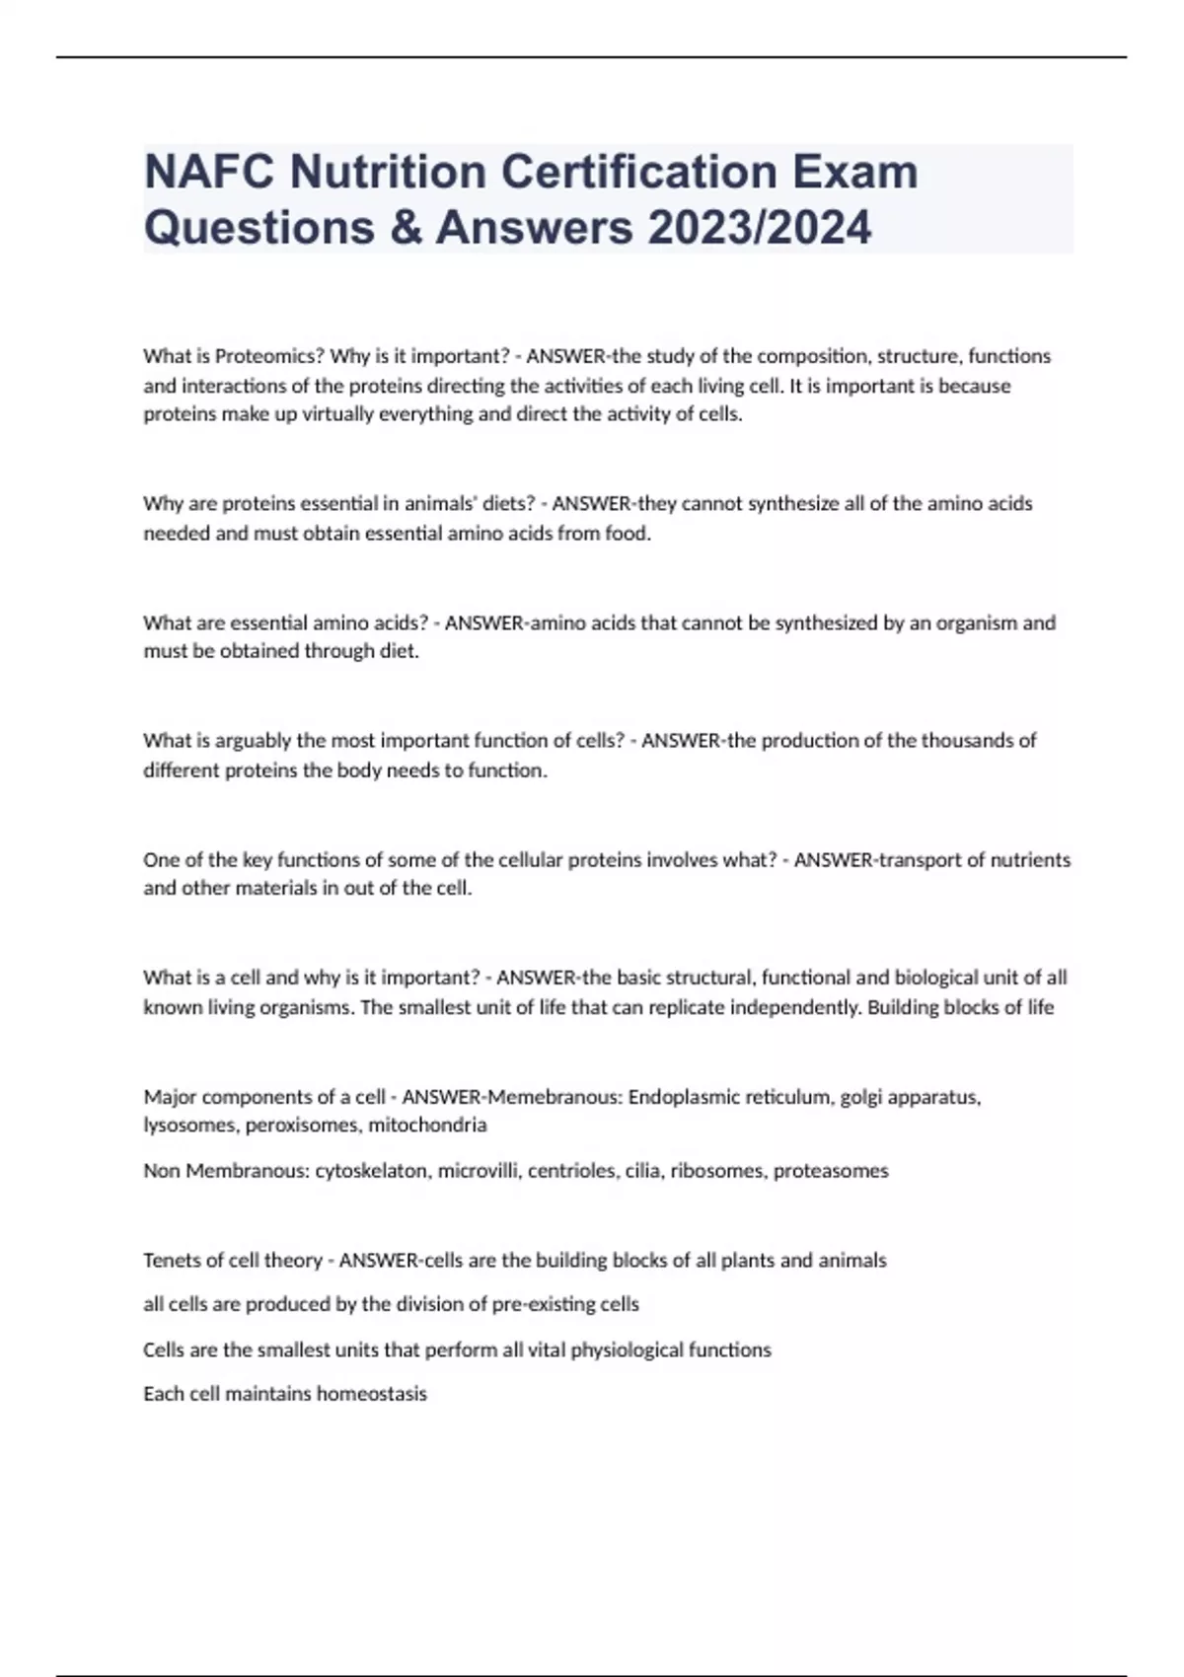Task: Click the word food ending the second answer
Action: (628, 534)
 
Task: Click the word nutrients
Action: (1030, 860)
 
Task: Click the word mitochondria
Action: (427, 1125)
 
